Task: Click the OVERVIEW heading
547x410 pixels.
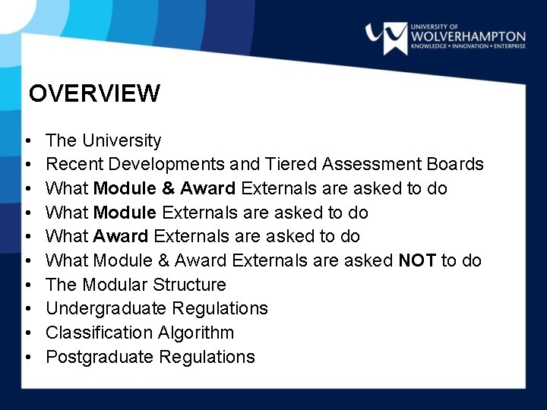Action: (x=95, y=93)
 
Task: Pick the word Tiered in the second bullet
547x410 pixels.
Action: (x=292, y=164)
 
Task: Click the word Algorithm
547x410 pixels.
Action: (x=196, y=333)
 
